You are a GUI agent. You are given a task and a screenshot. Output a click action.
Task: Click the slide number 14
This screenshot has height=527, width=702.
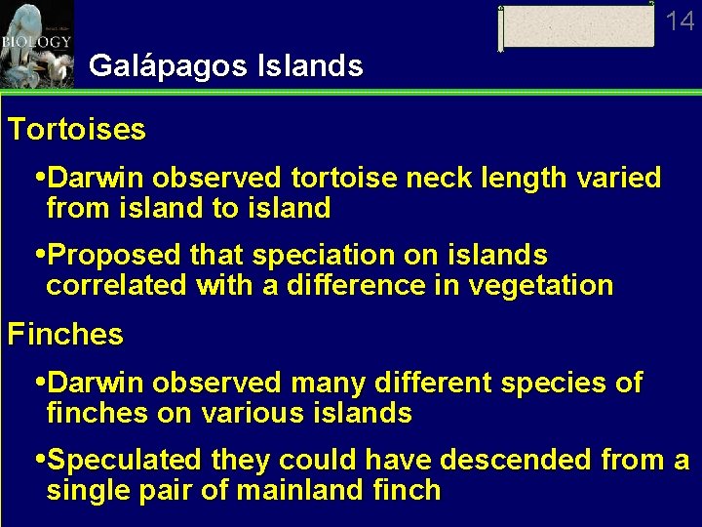point(681,20)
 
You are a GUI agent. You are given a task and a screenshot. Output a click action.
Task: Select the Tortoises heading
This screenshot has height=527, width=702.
point(77,130)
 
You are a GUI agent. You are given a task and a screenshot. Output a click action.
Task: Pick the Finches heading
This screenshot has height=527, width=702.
point(65,335)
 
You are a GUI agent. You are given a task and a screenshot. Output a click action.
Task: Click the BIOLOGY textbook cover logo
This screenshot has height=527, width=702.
point(36,43)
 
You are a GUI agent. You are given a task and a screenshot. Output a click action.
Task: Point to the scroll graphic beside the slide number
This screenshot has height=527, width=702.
point(576,26)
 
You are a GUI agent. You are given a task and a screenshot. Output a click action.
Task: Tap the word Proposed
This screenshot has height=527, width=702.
point(114,256)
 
